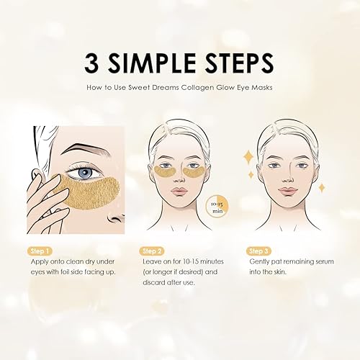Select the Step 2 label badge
click(150, 251)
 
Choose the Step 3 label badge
click(257, 251)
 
